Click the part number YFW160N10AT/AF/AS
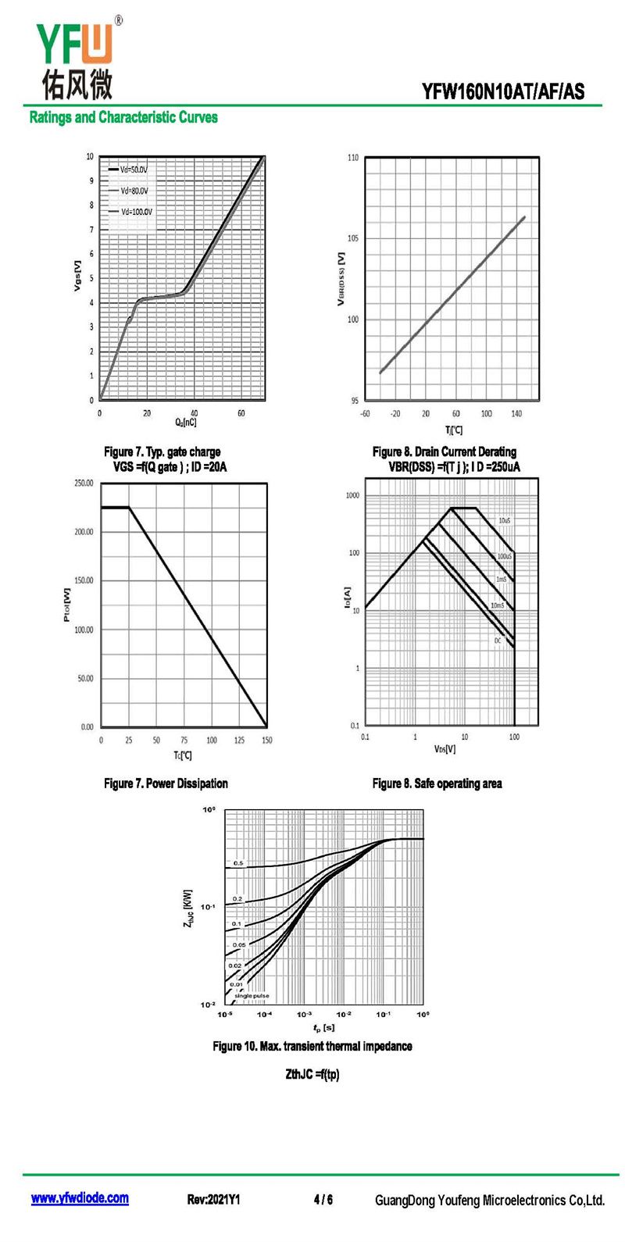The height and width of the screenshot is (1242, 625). (502, 91)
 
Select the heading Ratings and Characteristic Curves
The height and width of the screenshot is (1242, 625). (123, 117)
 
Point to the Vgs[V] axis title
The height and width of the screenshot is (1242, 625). (77, 276)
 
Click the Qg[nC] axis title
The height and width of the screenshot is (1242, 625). (185, 423)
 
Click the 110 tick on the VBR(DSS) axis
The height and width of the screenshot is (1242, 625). (352, 158)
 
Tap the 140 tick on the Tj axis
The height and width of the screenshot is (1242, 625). (516, 414)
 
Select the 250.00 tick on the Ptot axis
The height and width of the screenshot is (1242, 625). (84, 483)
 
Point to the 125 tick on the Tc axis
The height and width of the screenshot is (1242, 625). (239, 741)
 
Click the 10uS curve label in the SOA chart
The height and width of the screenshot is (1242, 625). (504, 521)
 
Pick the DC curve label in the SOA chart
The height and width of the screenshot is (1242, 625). (498, 641)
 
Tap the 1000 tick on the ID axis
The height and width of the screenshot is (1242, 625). (352, 496)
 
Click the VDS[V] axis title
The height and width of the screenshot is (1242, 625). (445, 749)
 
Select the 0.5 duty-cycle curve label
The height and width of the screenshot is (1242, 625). (238, 863)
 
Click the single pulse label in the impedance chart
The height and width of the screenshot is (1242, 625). (252, 996)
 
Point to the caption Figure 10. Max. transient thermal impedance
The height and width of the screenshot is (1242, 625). (312, 1046)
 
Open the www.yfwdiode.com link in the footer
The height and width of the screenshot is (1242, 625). (80, 1198)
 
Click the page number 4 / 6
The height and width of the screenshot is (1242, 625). (323, 1199)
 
